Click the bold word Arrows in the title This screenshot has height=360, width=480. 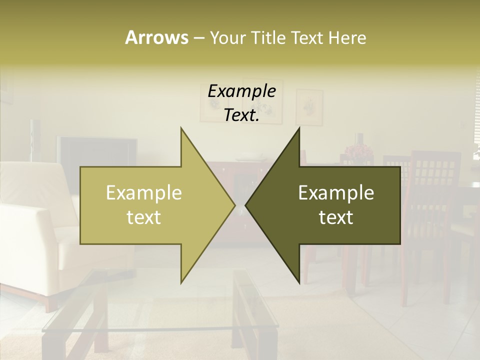tap(156, 37)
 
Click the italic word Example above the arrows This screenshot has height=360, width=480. tap(241, 91)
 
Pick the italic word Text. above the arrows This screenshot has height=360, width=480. tap(241, 115)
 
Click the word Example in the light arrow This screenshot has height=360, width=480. tap(143, 193)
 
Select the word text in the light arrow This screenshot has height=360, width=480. tap(143, 217)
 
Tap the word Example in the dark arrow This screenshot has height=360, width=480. tap(336, 193)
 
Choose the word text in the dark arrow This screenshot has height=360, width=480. tap(336, 217)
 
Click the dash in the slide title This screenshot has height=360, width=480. tap(198, 38)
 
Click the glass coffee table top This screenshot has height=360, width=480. tap(150, 310)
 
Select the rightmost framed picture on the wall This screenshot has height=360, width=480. tap(309, 106)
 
